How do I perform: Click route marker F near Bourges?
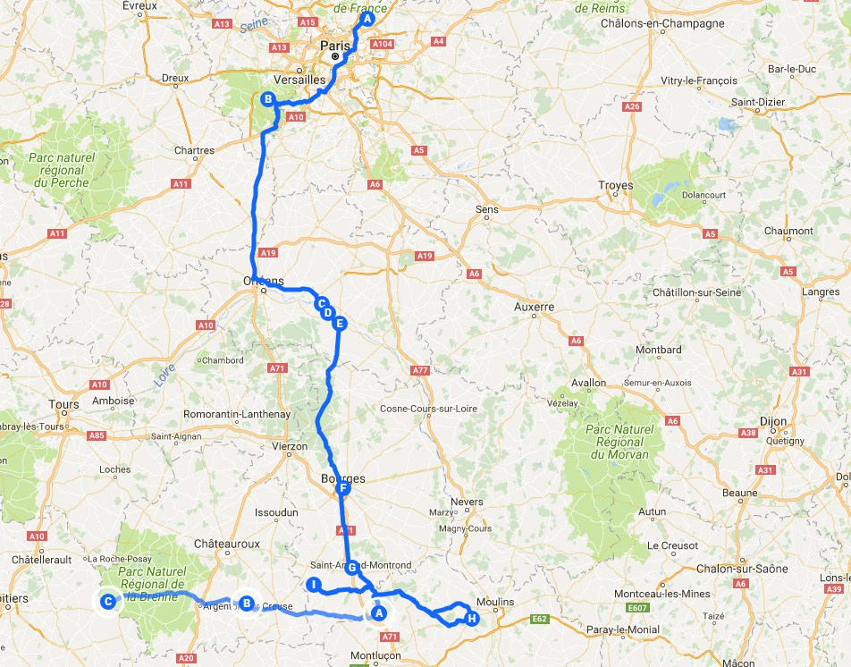click(x=341, y=488)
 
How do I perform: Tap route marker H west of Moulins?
click(x=472, y=618)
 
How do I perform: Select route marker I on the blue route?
click(x=313, y=585)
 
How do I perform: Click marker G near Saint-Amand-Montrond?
click(x=352, y=567)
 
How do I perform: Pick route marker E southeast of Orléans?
click(x=339, y=324)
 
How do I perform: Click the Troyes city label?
click(x=615, y=186)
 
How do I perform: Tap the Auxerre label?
click(x=535, y=307)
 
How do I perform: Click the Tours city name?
click(x=64, y=405)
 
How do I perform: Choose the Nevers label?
click(x=467, y=502)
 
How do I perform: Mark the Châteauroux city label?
click(x=227, y=543)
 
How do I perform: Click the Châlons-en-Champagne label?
click(x=662, y=23)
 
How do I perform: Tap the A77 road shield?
click(x=422, y=370)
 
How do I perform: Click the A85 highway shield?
click(x=97, y=436)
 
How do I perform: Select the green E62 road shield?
click(x=539, y=618)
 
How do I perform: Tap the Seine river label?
click(x=255, y=27)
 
